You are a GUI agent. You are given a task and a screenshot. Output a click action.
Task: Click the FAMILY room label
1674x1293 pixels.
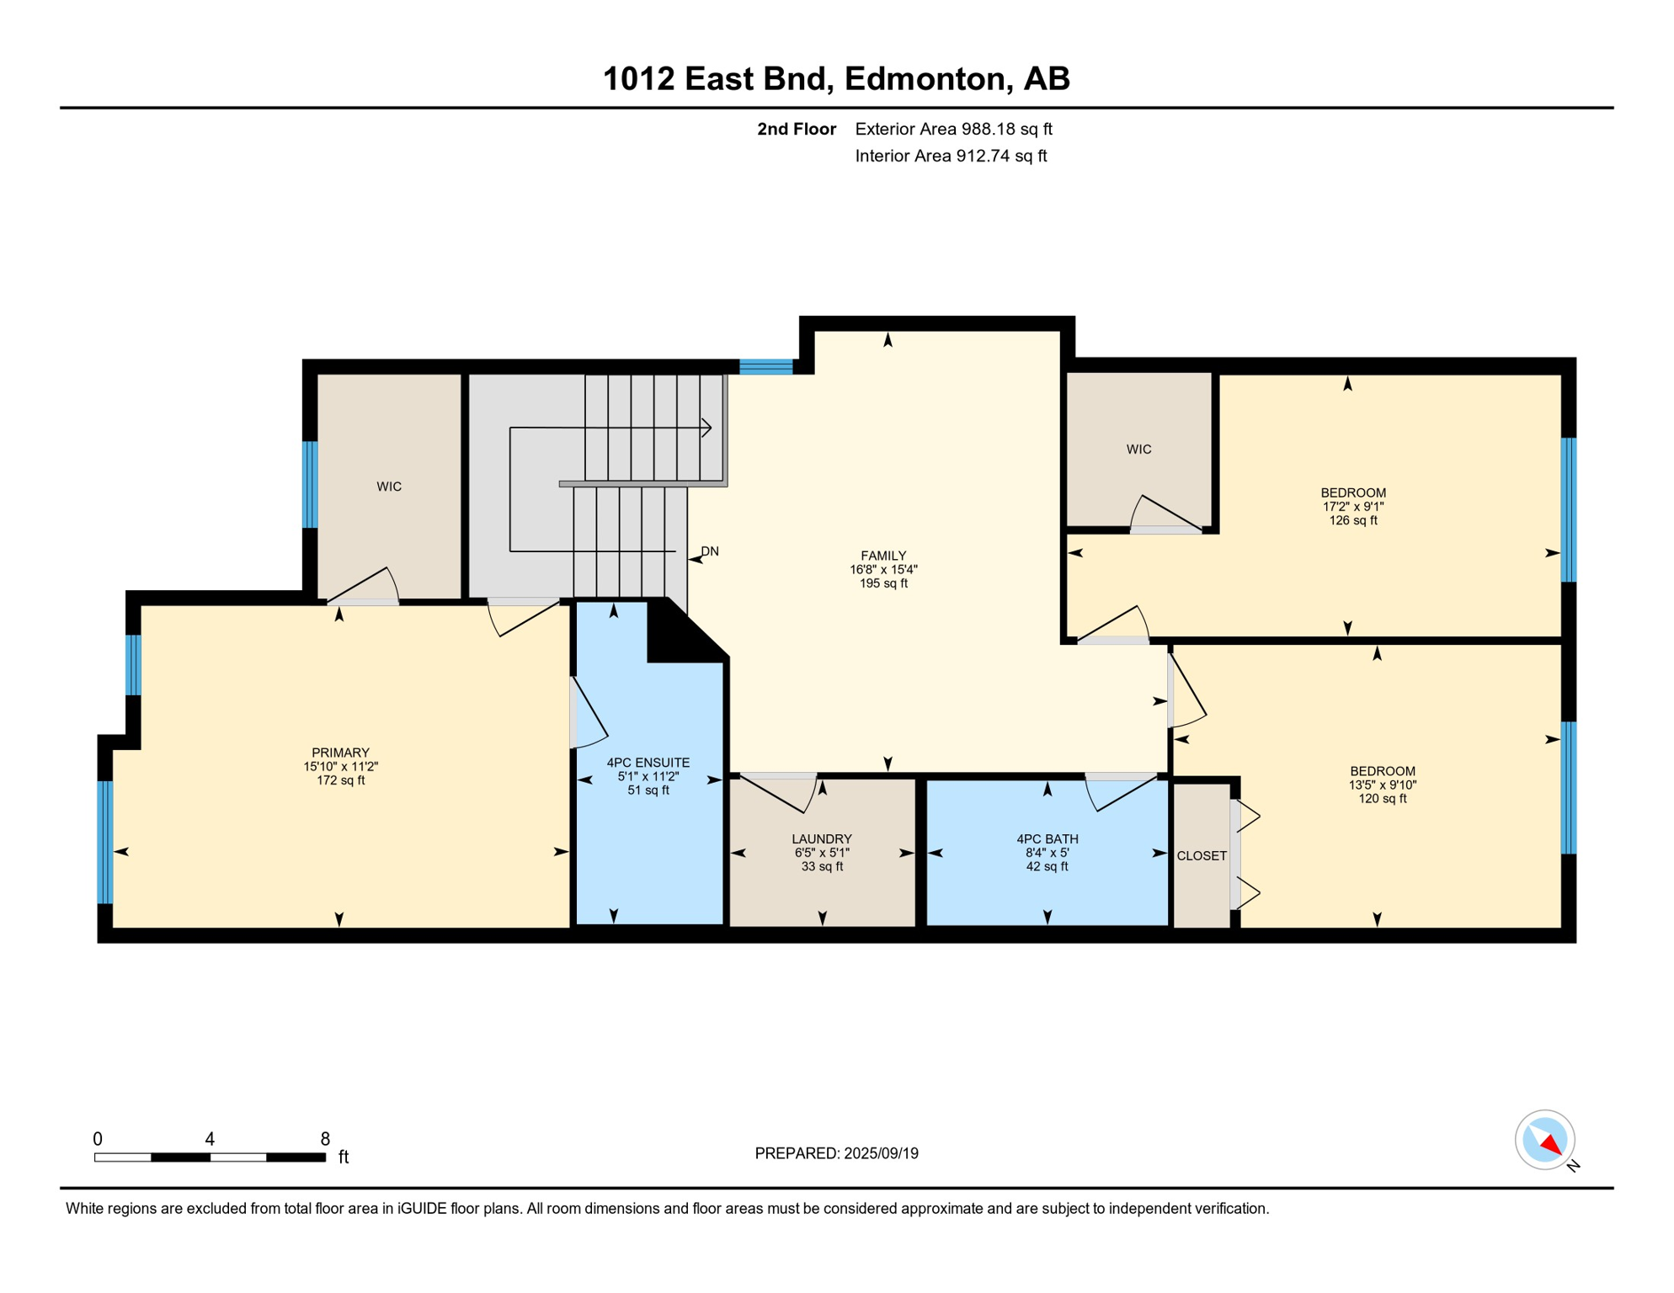(x=883, y=556)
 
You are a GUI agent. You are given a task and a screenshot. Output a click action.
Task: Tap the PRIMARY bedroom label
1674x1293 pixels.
(x=340, y=753)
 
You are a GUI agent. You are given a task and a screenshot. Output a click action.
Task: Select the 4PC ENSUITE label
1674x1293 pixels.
(x=648, y=763)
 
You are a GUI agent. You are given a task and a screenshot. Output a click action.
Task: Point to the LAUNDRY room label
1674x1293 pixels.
(x=822, y=838)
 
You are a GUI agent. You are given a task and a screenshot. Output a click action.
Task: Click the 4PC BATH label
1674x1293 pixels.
(x=1047, y=838)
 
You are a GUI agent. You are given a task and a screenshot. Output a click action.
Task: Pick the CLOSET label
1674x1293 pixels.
(x=1202, y=855)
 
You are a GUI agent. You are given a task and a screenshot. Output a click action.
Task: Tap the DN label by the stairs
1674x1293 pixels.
(x=710, y=551)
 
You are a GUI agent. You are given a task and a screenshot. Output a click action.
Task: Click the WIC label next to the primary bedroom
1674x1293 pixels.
(x=389, y=487)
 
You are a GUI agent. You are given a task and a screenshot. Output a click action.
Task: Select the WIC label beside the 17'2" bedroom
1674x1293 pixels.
(x=1138, y=450)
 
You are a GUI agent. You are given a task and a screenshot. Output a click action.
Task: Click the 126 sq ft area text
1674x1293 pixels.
(x=1353, y=520)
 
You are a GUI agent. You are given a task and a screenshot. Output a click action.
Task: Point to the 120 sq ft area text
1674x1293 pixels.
(x=1382, y=798)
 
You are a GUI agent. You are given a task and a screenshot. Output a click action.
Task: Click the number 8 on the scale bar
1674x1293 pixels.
(x=325, y=1139)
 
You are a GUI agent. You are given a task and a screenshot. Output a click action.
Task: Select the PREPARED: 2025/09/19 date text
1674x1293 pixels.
(x=836, y=1153)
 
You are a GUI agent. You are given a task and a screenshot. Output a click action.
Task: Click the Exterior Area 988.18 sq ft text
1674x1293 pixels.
(x=953, y=129)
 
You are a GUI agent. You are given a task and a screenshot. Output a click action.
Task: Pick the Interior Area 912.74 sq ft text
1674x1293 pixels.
(x=951, y=156)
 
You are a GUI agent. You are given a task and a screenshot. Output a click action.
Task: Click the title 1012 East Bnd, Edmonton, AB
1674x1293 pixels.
(x=836, y=78)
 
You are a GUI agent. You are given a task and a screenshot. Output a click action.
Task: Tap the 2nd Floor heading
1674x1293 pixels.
(x=796, y=129)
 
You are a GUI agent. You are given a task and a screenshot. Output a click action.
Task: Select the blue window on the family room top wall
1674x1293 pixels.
(x=765, y=366)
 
